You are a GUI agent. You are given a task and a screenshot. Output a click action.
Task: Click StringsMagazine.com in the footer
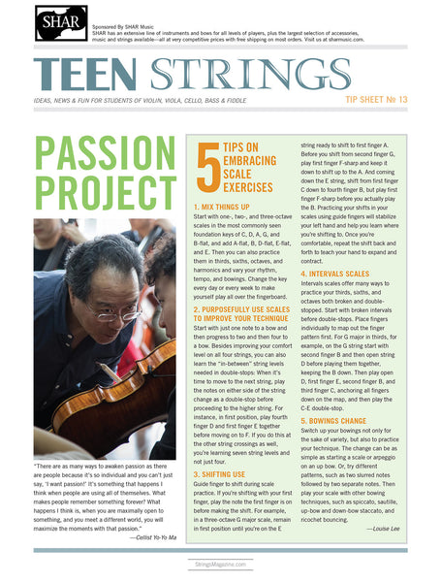[220, 564]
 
